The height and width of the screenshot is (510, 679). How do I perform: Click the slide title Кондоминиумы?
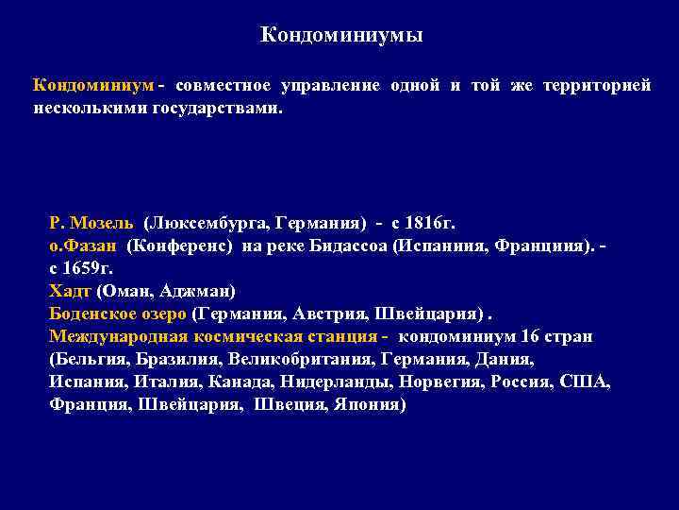coord(340,36)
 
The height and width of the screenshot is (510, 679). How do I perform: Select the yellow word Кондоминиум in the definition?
coord(93,86)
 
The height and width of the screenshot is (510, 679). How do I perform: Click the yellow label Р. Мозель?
coord(91,224)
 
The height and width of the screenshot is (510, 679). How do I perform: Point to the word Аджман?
coord(197,291)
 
